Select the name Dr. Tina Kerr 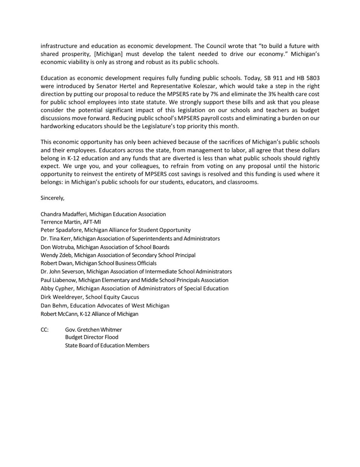point(56,238)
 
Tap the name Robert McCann point(58,313)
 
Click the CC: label point(44,329)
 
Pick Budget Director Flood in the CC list point(92,337)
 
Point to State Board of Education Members point(107,345)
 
